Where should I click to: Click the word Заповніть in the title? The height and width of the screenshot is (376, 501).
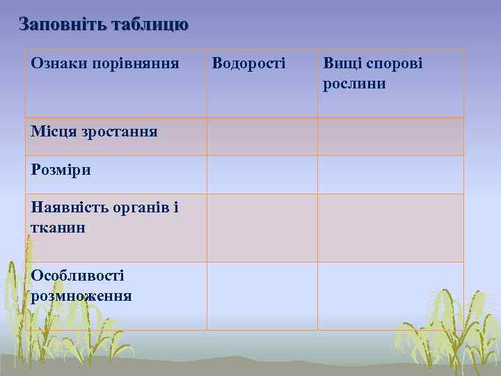click(x=61, y=25)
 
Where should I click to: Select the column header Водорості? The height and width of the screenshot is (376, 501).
click(x=248, y=64)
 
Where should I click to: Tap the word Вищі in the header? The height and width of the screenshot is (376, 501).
click(x=339, y=64)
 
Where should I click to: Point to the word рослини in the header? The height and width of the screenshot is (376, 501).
click(x=354, y=84)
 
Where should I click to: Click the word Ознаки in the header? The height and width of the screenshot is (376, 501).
click(x=55, y=64)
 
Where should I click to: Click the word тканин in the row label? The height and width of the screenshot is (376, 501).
click(x=58, y=227)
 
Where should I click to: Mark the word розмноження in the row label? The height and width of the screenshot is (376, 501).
click(x=81, y=295)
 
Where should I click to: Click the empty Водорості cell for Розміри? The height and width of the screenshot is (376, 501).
click(x=262, y=174)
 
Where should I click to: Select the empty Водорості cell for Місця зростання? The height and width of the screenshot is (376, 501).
click(x=262, y=136)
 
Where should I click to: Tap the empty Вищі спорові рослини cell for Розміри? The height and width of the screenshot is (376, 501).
click(x=390, y=174)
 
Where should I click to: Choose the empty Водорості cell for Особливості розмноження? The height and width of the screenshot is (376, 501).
click(x=262, y=296)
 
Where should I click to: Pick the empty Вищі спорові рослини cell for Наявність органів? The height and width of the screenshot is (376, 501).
click(x=390, y=228)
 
